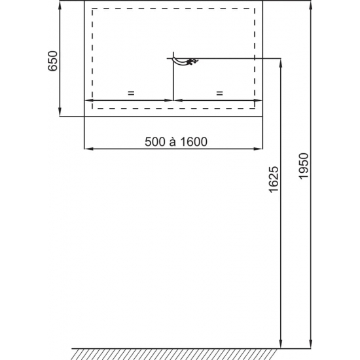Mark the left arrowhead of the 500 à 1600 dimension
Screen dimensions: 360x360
[88, 150]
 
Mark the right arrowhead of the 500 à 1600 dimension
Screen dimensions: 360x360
[259, 150]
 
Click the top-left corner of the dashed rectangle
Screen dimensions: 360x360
[92, 9]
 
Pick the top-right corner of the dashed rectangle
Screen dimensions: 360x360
[255, 9]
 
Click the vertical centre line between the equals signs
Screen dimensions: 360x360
[173, 82]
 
